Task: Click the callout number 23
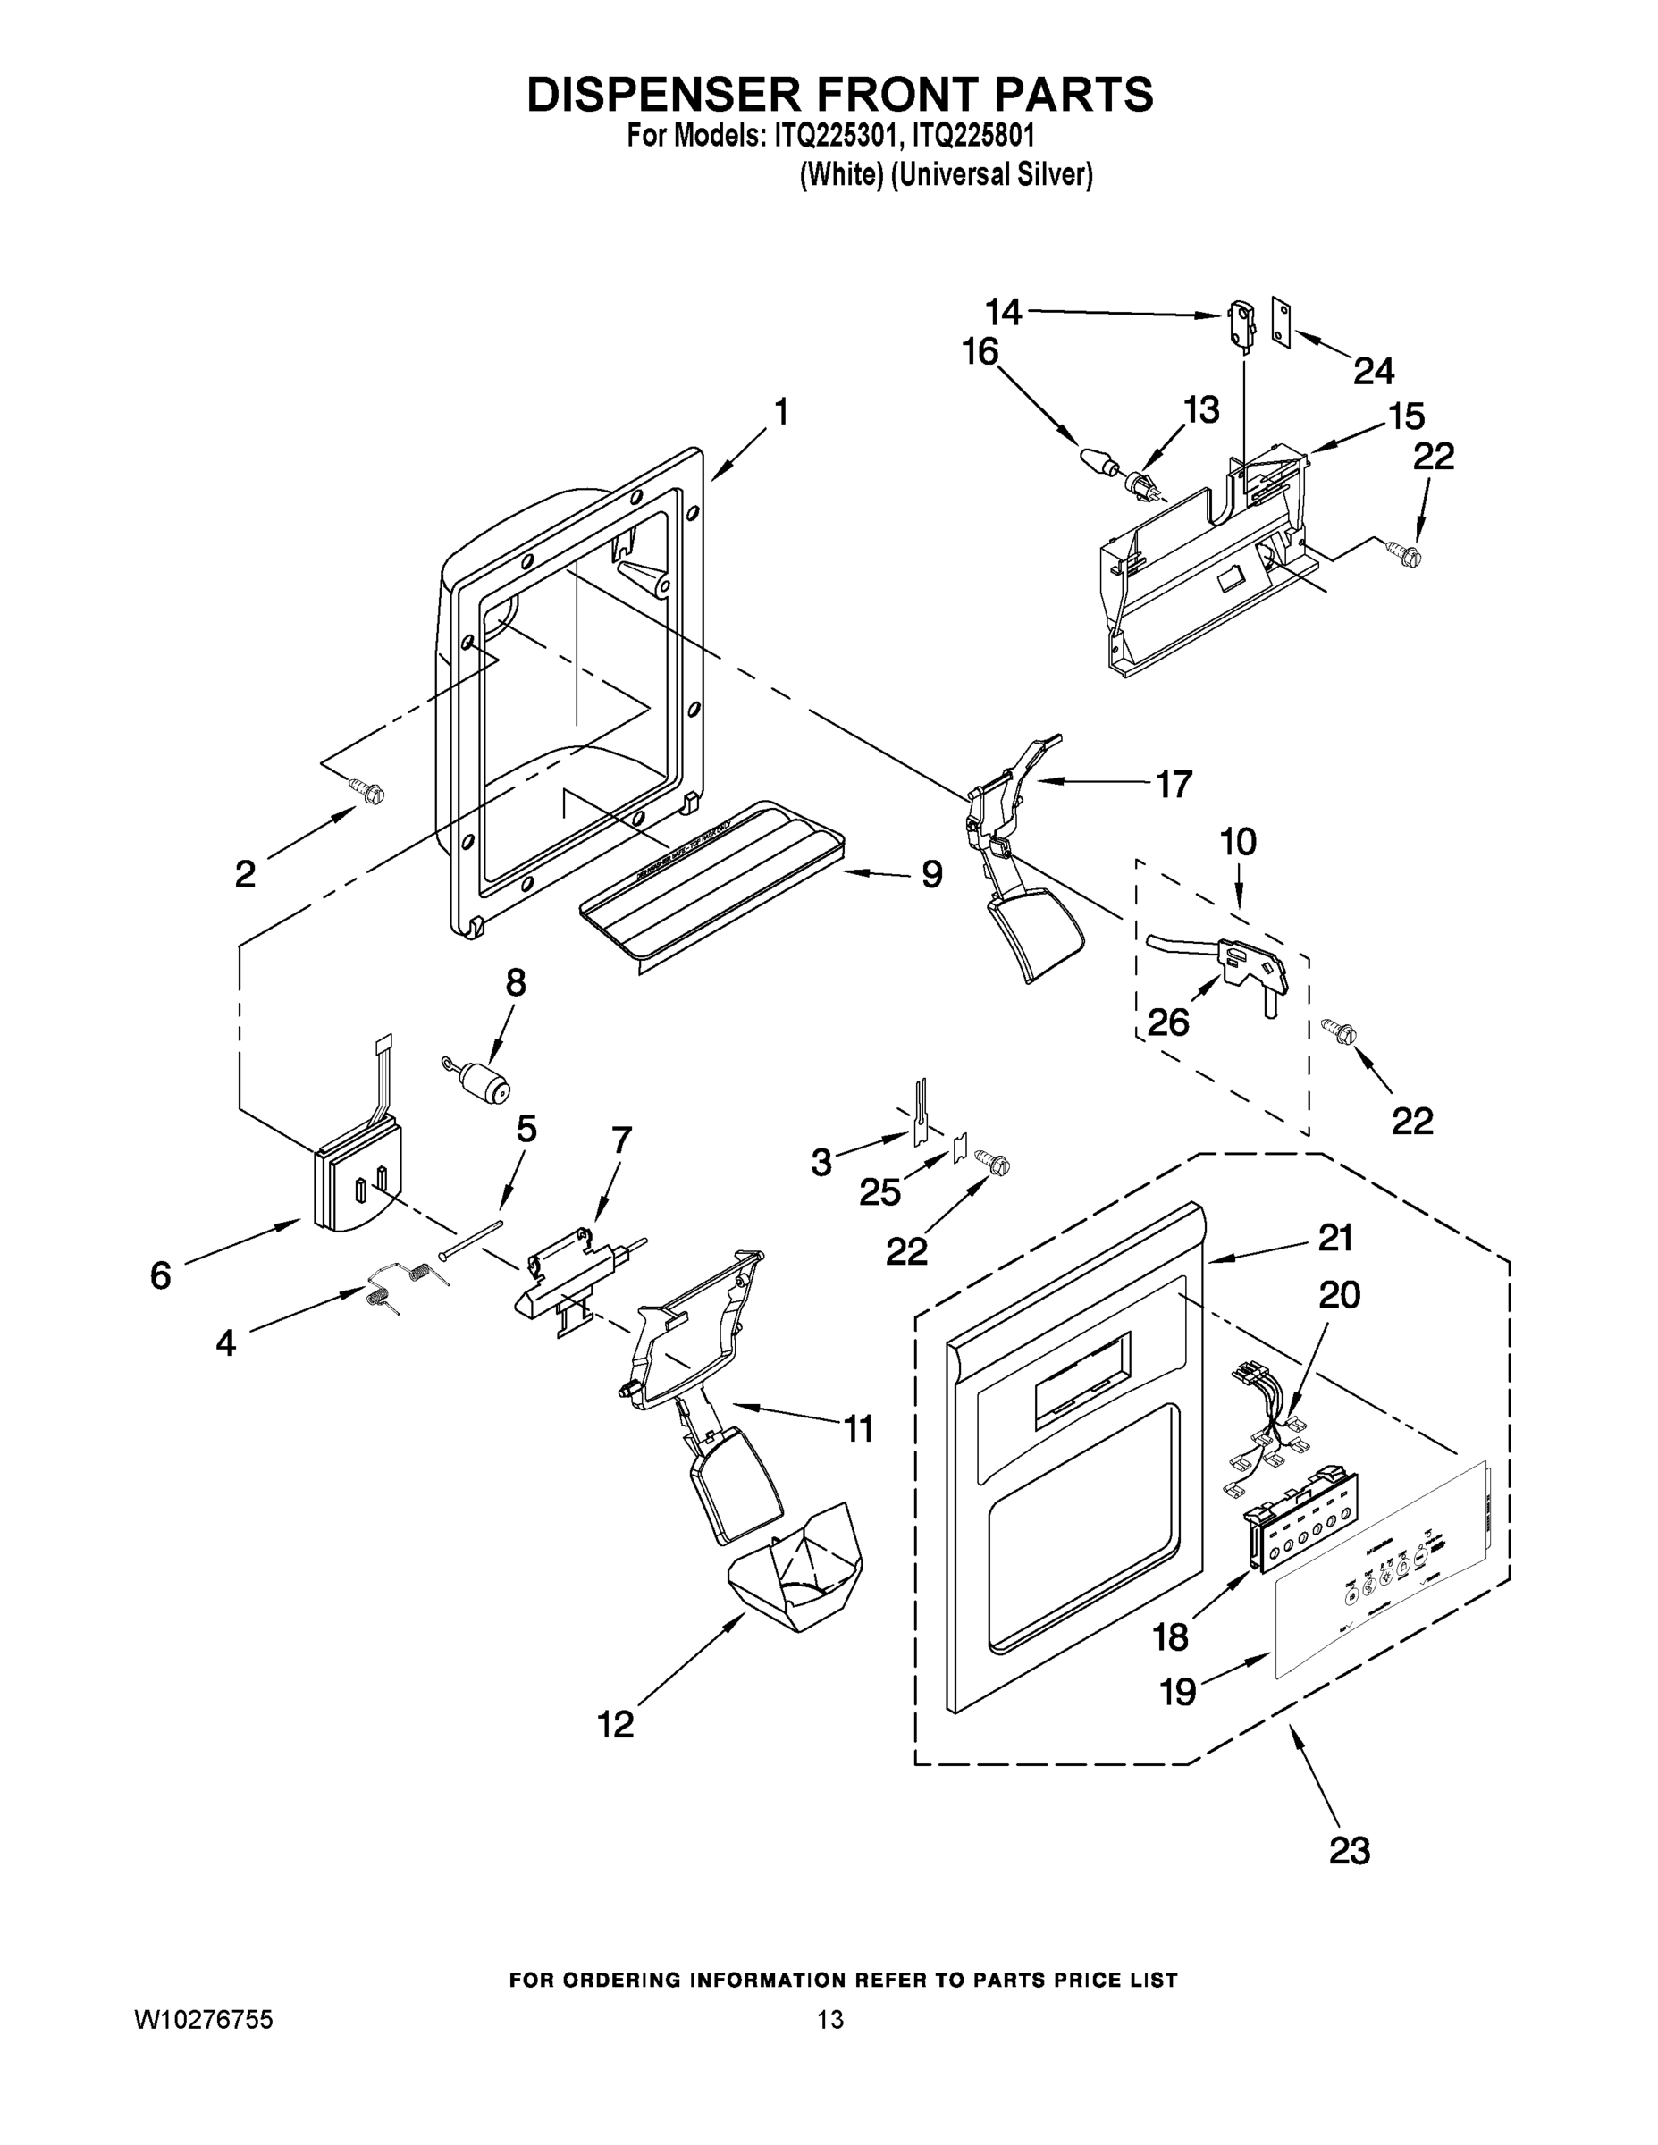click(1349, 1850)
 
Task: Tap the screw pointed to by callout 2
click(370, 791)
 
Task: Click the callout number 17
click(1173, 784)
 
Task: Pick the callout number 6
click(160, 1274)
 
